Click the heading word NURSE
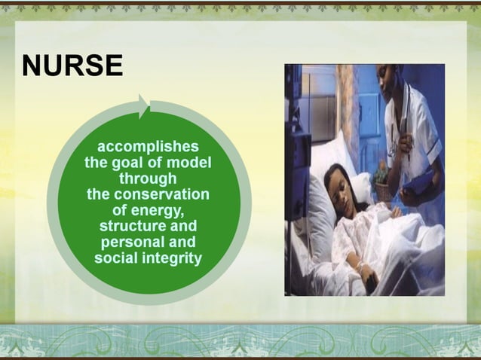72,67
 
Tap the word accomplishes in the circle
149,145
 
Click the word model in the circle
191,162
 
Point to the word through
148,178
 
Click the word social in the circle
115,258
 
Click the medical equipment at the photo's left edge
295,151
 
